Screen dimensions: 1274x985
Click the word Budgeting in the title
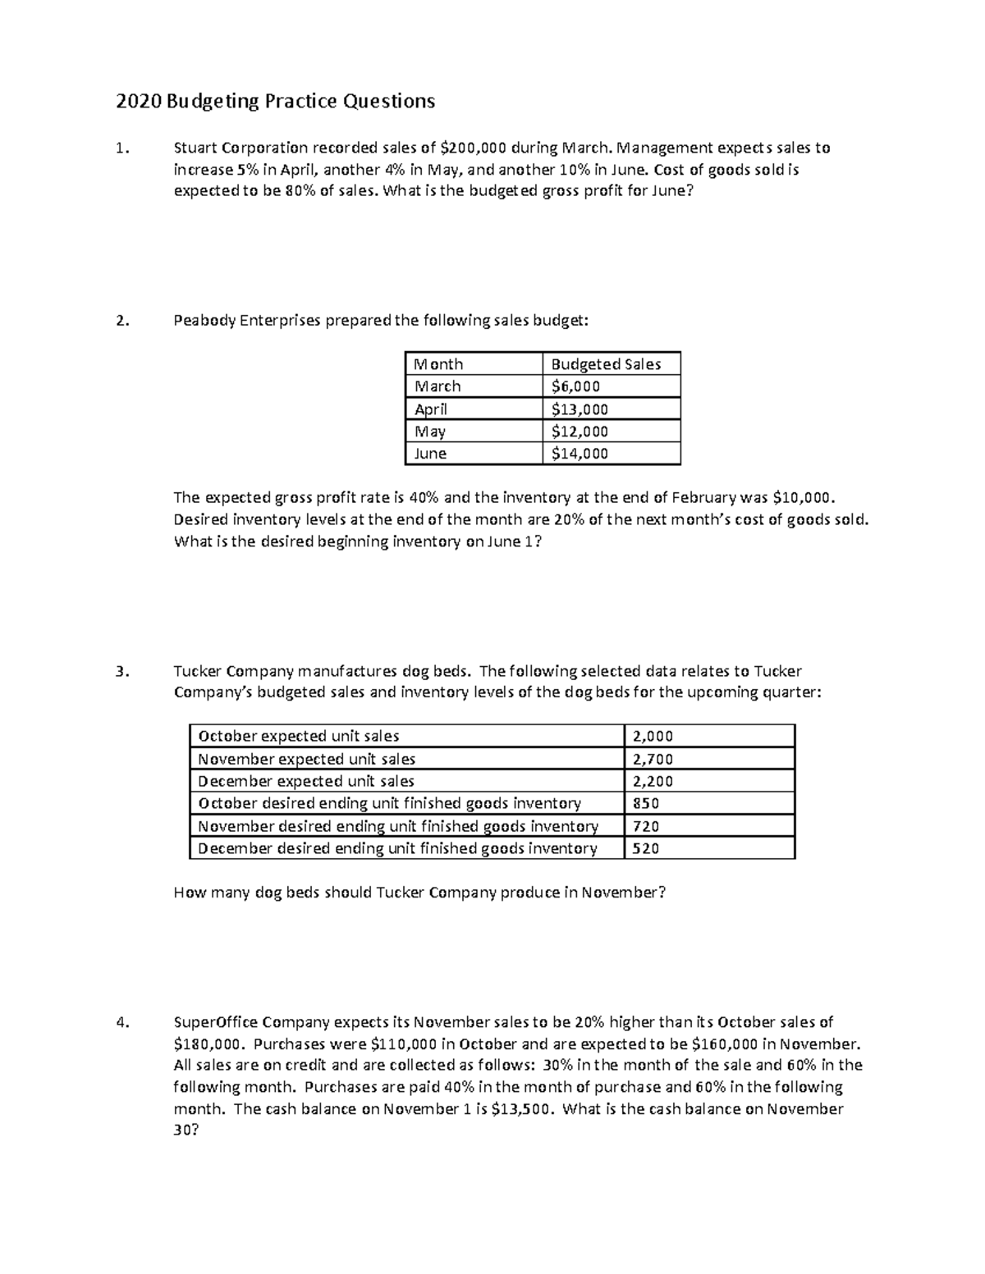point(212,101)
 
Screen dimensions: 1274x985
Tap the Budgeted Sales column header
point(606,364)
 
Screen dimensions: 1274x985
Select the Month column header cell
point(439,364)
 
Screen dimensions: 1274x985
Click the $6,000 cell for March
point(575,386)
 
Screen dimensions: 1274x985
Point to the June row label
point(431,454)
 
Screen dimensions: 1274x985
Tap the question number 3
point(121,671)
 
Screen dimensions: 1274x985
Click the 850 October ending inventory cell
point(646,804)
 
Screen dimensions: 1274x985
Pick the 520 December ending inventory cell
point(646,849)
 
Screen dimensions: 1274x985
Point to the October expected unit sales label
point(299,737)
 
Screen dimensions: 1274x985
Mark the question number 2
point(121,321)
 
